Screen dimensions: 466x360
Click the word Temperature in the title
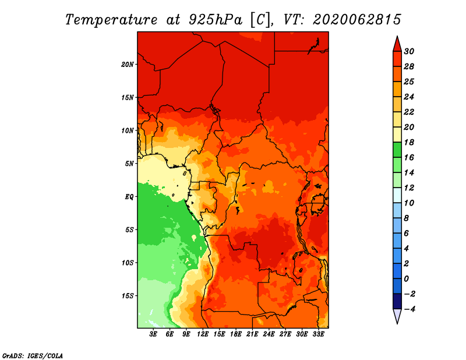click(111, 20)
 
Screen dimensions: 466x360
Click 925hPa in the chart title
click(216, 20)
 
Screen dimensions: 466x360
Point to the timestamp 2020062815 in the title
click(356, 19)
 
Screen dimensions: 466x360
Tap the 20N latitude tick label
click(128, 65)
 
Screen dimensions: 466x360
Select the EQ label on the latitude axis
click(129, 197)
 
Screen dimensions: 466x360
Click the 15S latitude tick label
click(128, 296)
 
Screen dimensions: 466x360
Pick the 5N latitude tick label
click(129, 164)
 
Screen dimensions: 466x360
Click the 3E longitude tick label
click(153, 334)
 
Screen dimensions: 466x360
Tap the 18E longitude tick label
click(236, 334)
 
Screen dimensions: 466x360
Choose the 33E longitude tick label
click(318, 334)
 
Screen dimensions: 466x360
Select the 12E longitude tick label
click(203, 334)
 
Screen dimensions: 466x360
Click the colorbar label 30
click(409, 51)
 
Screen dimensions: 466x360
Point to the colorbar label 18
click(409, 142)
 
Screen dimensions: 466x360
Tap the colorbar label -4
click(409, 309)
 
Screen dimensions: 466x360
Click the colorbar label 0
click(406, 279)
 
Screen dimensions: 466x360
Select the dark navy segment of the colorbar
click(397, 301)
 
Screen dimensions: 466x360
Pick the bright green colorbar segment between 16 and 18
click(397, 150)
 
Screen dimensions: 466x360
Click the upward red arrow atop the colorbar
click(397, 44)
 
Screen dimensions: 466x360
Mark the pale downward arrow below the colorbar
click(397, 316)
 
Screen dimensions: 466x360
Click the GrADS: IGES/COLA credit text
click(33, 356)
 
